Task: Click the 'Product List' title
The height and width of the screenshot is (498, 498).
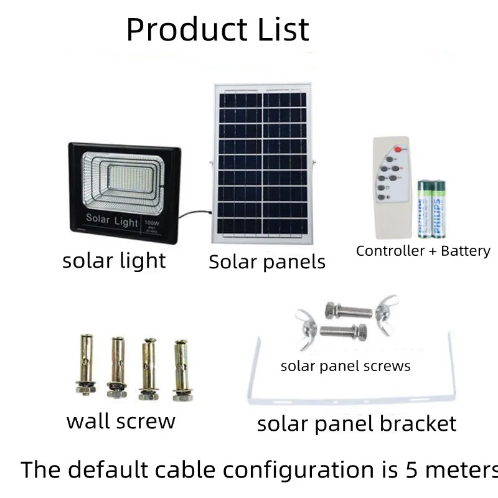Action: point(217,29)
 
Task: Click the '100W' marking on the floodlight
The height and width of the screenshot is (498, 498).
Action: point(151,222)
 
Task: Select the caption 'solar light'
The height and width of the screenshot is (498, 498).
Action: point(114,261)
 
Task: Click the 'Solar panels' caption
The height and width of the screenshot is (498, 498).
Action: point(266,262)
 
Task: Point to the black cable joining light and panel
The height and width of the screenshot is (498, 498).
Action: point(193,214)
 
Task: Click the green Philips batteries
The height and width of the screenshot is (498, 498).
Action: point(431,209)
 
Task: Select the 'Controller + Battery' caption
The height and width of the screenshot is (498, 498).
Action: point(423,251)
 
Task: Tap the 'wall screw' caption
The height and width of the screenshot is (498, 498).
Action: point(121,421)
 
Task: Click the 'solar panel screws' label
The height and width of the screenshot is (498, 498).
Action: point(345,366)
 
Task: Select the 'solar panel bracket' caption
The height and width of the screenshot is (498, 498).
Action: point(356,424)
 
